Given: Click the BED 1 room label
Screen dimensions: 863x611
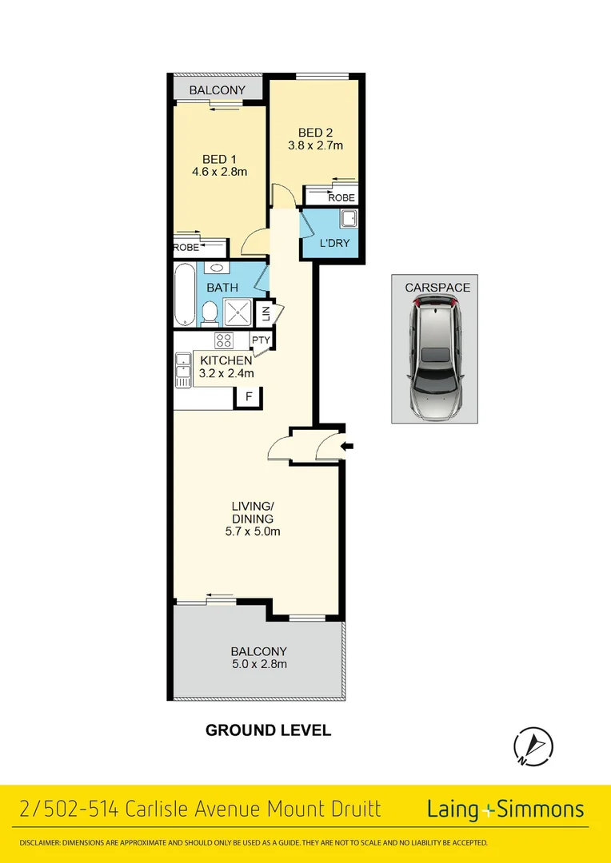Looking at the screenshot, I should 214,159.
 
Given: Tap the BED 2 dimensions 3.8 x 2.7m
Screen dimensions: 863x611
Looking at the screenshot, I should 315,145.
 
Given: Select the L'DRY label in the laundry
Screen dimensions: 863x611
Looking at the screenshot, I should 334,243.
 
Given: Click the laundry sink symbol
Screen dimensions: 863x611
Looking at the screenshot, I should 349,218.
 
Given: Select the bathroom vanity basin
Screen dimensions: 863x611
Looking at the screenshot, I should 215,269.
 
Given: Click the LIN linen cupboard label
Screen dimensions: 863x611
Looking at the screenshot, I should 266,312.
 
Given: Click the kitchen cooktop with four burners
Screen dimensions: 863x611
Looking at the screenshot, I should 223,340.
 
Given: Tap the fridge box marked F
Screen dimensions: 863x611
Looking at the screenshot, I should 248,396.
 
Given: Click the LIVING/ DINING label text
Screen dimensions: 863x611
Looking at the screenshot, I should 253,512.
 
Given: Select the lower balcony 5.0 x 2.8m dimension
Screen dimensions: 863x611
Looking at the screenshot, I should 259,664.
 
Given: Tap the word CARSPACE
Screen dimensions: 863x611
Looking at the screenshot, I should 437,287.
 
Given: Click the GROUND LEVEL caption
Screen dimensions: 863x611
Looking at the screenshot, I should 268,730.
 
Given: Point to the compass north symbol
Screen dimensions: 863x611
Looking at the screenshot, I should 533,746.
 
